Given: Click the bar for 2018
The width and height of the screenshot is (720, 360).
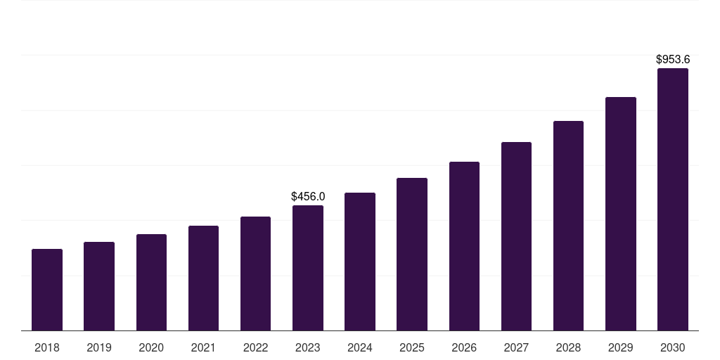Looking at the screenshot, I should point(47,290).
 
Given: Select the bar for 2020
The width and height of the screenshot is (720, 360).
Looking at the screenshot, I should point(151,282).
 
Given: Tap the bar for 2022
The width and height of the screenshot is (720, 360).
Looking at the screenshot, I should point(255,274).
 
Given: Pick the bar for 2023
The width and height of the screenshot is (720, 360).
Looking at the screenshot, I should point(308,268).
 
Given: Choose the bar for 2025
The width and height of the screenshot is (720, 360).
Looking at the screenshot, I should point(412,254).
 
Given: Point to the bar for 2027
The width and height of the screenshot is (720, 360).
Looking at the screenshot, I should point(516,236).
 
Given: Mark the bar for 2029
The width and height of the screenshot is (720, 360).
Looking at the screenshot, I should point(621,214).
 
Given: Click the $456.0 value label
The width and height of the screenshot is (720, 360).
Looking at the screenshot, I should point(308,197).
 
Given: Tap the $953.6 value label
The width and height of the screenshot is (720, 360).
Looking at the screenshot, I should point(673,60).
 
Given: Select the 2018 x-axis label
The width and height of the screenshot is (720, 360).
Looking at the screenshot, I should point(47,347).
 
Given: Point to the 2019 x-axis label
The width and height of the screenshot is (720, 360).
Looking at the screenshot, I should point(99,347).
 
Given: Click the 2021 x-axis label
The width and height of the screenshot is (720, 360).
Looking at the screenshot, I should point(203,347).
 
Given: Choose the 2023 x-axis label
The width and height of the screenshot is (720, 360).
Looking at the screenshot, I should point(308,347).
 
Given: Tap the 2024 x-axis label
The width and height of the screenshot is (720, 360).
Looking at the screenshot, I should point(360,347).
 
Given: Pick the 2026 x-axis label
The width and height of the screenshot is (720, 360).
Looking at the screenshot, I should point(464,347).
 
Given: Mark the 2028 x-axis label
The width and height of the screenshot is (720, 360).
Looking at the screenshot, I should point(568,347).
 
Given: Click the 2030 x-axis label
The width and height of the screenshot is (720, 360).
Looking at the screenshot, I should point(673,347).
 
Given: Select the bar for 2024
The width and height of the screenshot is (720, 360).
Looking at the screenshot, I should point(360,262).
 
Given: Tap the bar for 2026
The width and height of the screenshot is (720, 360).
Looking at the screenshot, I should point(464,246).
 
